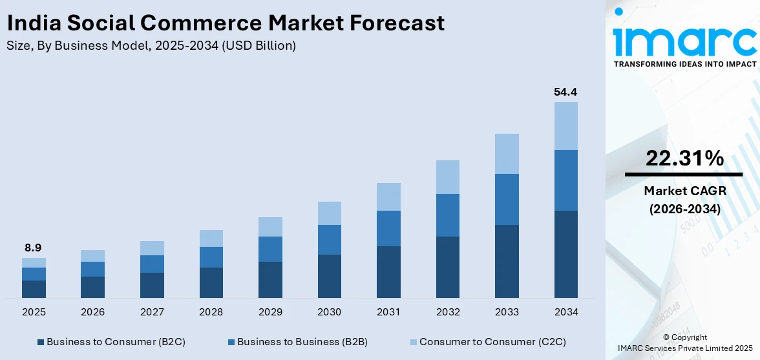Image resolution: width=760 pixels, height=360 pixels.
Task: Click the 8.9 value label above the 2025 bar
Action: click(34, 248)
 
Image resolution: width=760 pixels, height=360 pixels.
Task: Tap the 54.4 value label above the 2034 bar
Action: click(565, 92)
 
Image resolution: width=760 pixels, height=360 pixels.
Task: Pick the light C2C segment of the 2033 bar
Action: click(507, 154)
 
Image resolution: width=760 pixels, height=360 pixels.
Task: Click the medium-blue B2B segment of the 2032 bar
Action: click(447, 215)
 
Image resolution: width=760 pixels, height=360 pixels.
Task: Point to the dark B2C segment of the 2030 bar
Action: click(329, 276)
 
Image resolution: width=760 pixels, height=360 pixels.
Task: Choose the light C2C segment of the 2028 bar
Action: click(211, 238)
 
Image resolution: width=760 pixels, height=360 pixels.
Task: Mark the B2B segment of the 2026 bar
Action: click(92, 269)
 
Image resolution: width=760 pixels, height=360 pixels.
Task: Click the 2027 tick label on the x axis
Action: click(152, 312)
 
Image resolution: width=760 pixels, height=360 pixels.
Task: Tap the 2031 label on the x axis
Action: click(388, 312)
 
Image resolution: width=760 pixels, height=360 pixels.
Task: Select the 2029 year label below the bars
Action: click(270, 312)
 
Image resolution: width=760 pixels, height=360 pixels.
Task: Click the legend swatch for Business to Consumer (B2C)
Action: click(41, 342)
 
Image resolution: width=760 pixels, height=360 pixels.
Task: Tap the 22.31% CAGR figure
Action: click(684, 158)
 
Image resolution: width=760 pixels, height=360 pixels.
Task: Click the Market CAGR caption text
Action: click(684, 191)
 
